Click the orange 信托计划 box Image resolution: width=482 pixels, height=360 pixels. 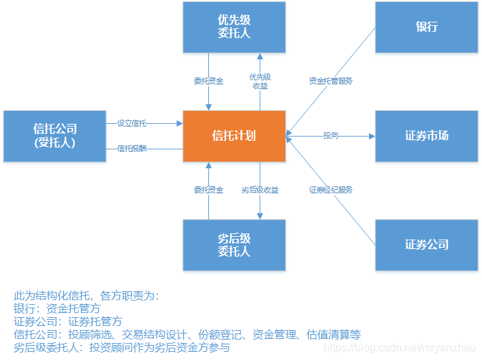click(x=234, y=135)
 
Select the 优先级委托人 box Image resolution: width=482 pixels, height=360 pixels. click(x=234, y=27)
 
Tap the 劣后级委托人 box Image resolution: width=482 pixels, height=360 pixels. click(x=234, y=244)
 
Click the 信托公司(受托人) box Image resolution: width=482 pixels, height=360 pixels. click(x=54, y=135)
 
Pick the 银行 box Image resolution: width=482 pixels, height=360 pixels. click(x=426, y=27)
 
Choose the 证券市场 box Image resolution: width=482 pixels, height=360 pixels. click(x=426, y=135)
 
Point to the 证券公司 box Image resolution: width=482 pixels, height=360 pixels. click(x=426, y=244)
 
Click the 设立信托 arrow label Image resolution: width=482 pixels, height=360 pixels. click(x=132, y=123)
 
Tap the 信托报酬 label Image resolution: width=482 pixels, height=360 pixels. click(x=132, y=148)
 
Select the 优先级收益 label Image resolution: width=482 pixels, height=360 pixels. click(x=260, y=81)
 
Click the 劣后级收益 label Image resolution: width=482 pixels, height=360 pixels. click(x=260, y=190)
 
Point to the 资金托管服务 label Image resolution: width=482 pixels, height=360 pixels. click(x=330, y=81)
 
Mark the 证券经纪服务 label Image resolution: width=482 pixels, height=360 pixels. click(x=330, y=190)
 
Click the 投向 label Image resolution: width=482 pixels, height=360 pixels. click(x=330, y=136)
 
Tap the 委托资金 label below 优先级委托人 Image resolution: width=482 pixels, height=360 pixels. click(x=208, y=81)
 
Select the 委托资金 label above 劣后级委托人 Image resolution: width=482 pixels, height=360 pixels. click(x=208, y=190)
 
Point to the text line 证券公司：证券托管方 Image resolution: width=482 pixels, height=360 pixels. click(x=68, y=321)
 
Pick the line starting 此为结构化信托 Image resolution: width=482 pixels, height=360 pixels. click(x=86, y=295)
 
